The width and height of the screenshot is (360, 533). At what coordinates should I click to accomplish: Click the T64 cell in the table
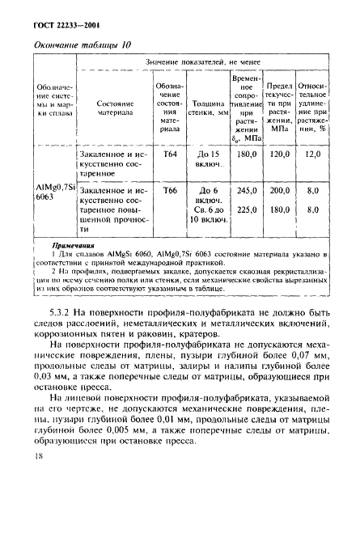point(170,153)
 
